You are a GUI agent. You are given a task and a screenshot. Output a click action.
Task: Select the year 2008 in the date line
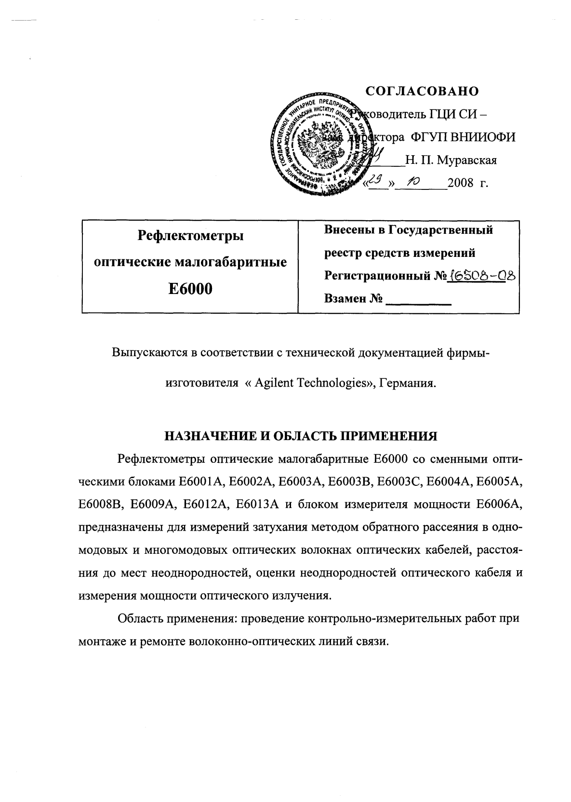[461, 184]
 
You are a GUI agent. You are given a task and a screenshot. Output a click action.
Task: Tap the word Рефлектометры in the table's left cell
[190, 236]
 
